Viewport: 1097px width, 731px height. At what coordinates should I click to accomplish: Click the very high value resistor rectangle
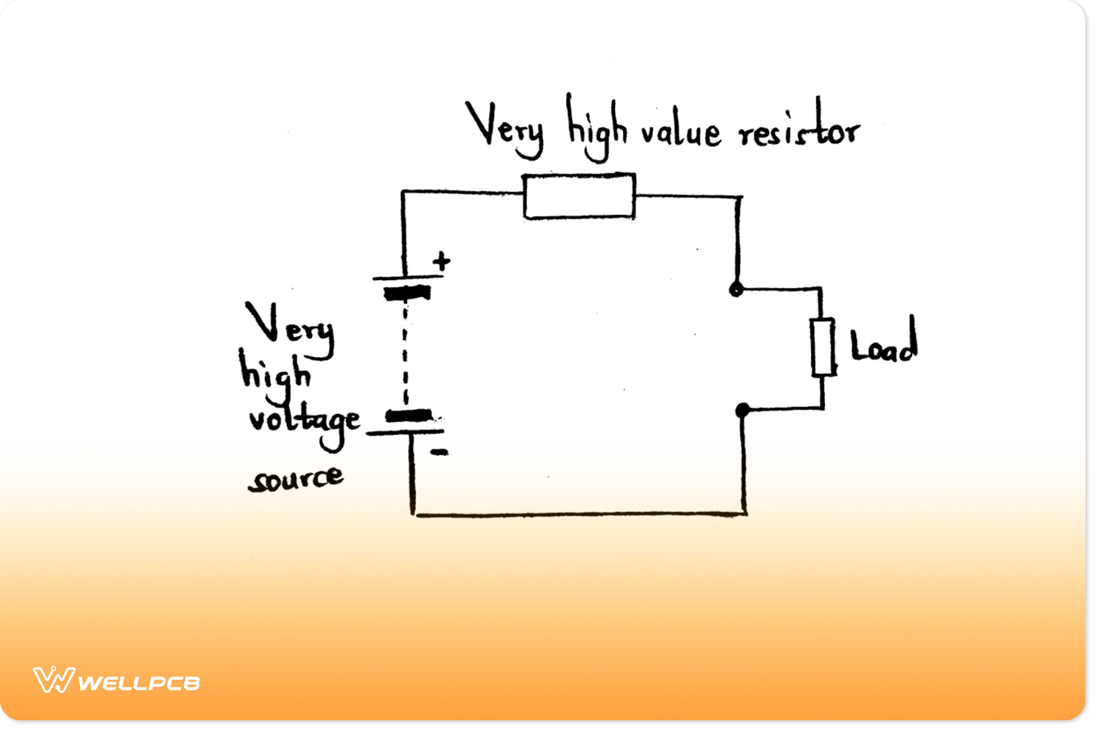(579, 196)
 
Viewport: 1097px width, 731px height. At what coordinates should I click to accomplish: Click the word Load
(883, 343)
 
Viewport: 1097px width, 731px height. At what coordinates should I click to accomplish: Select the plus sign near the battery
(441, 262)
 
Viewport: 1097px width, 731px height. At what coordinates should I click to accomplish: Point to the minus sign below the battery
(439, 452)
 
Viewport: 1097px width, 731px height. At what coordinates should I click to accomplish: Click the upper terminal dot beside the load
(736, 289)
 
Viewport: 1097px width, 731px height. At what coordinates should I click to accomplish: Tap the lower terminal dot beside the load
(742, 410)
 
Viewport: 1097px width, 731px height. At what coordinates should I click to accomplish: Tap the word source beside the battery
(296, 479)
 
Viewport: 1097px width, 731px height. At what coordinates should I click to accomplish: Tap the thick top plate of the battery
(407, 293)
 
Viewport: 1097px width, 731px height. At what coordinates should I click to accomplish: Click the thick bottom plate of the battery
(408, 415)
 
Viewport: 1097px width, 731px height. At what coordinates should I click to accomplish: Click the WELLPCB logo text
(138, 683)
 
